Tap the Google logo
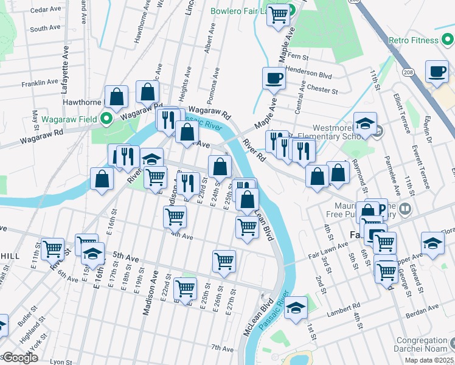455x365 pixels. tap(19, 358)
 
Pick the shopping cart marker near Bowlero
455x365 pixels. tap(279, 15)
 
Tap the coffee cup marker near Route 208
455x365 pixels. tap(436, 71)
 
